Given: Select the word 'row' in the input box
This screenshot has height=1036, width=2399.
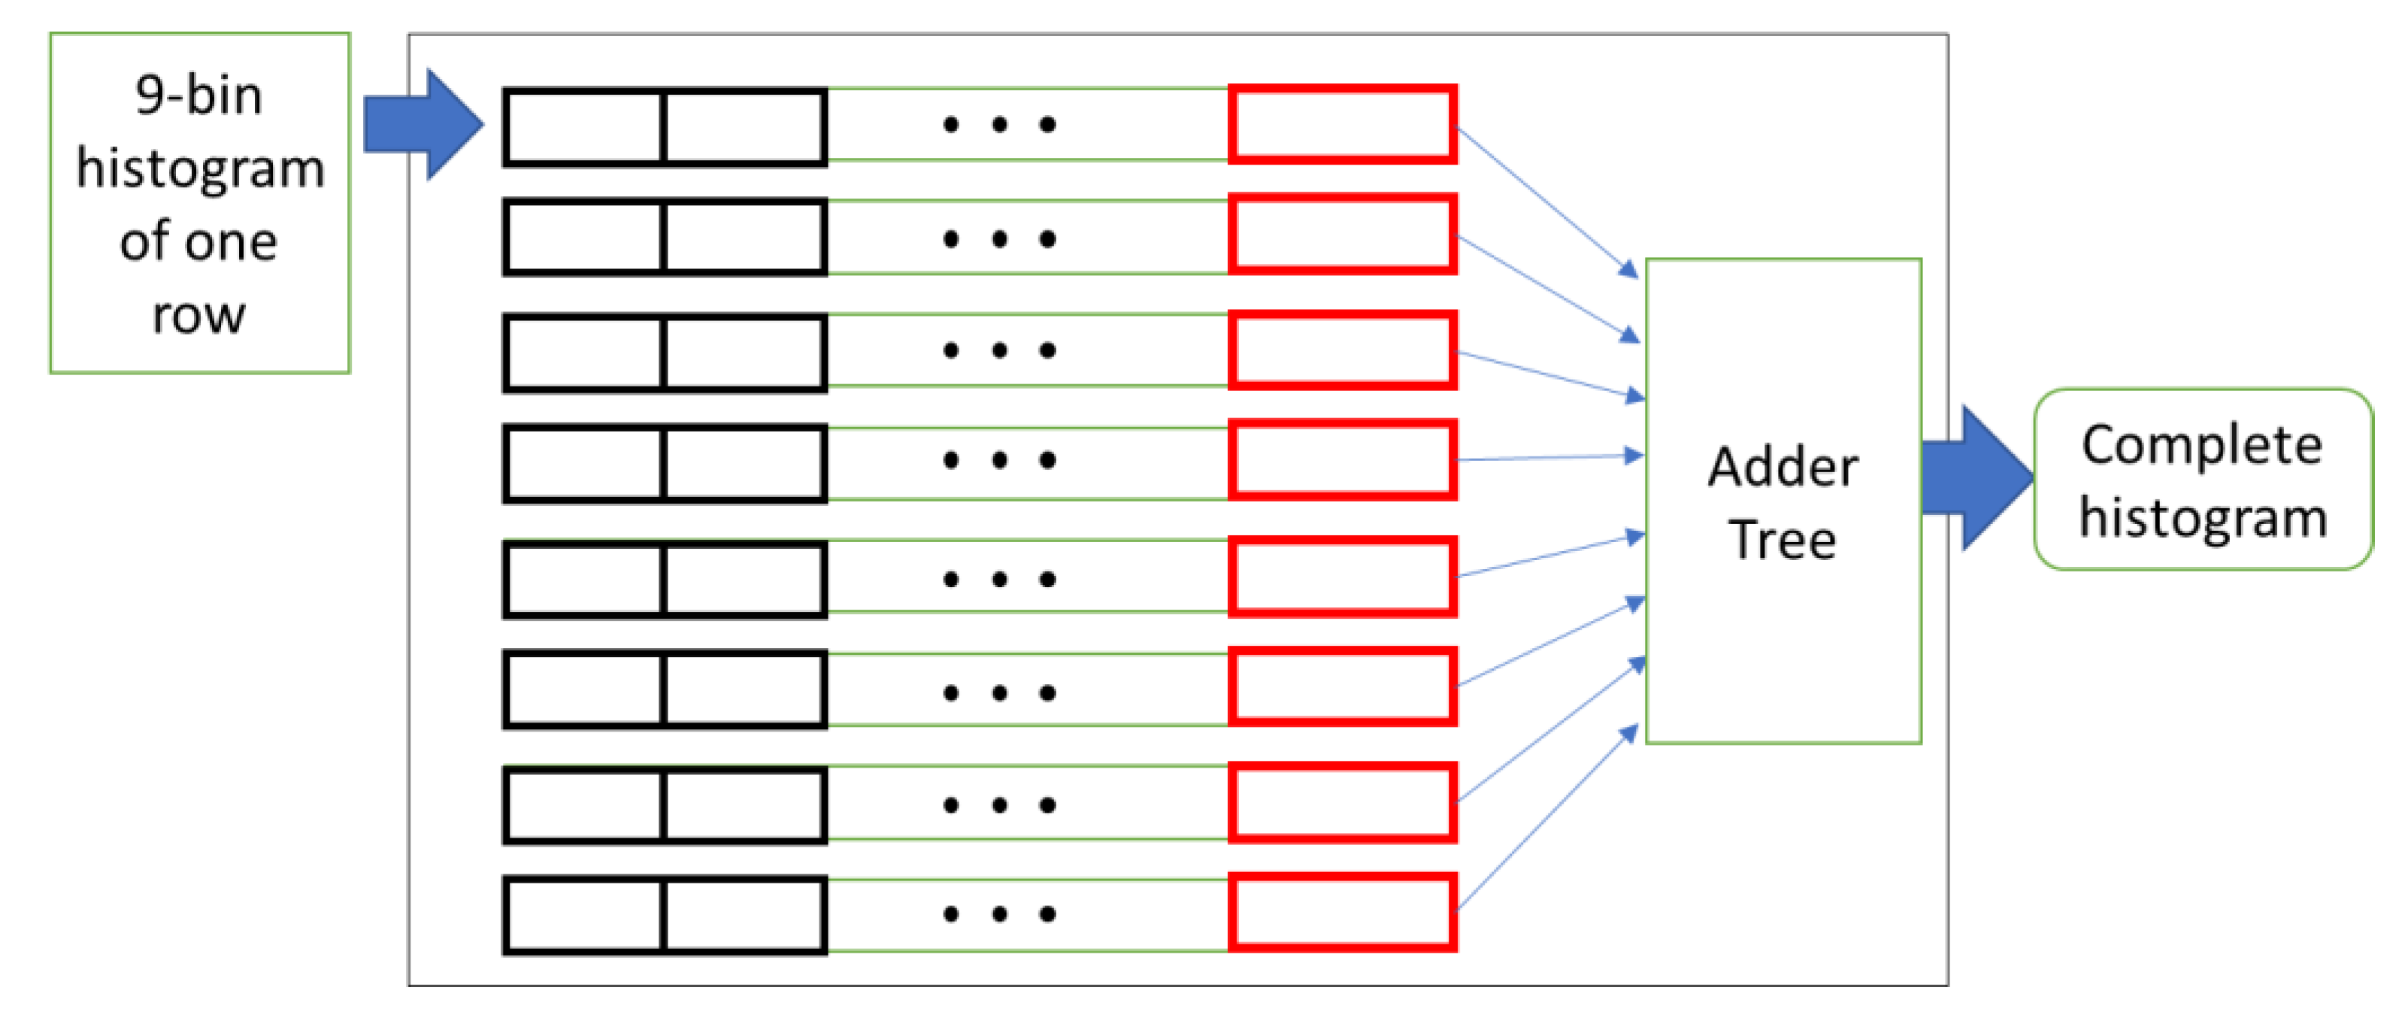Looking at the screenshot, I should tap(198, 315).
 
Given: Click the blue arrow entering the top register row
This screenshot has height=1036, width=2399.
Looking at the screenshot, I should tap(425, 124).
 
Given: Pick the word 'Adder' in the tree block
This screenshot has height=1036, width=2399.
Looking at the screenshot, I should tap(1783, 467).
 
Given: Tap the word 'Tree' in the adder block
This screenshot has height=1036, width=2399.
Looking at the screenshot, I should tap(1783, 540).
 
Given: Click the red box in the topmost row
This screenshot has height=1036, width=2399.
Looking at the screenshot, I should tap(1342, 124).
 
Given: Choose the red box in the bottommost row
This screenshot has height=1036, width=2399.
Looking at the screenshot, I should tap(1342, 912).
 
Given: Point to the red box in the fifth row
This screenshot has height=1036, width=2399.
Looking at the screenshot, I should tap(1342, 577).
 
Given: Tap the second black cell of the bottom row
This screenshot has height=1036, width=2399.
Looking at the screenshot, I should tap(744, 915).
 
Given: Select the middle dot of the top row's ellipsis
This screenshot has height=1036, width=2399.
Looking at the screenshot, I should tap(999, 124).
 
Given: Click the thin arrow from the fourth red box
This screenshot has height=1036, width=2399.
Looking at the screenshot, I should tap(1546, 457).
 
